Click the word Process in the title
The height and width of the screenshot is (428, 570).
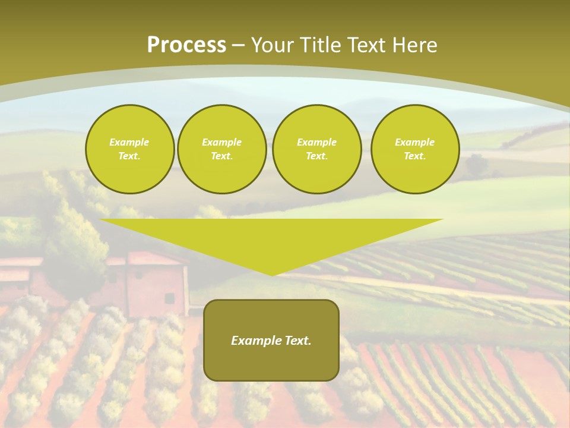click(x=186, y=45)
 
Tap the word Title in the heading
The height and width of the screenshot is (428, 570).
click(x=320, y=45)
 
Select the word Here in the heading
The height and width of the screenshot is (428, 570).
click(x=414, y=45)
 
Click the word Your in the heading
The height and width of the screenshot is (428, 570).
click(x=274, y=45)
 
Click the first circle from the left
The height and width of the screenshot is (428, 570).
click(x=129, y=149)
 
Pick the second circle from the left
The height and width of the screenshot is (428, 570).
click(x=221, y=149)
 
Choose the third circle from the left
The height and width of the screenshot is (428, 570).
click(x=316, y=149)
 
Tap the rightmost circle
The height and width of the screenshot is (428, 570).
click(x=414, y=149)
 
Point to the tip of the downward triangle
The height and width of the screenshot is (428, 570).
click(x=272, y=275)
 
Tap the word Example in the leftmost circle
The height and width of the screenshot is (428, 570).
click(x=129, y=142)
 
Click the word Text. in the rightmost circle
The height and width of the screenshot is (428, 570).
click(x=414, y=156)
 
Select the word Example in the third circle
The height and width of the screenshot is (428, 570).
click(x=316, y=142)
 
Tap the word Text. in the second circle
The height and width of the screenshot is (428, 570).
click(x=221, y=156)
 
